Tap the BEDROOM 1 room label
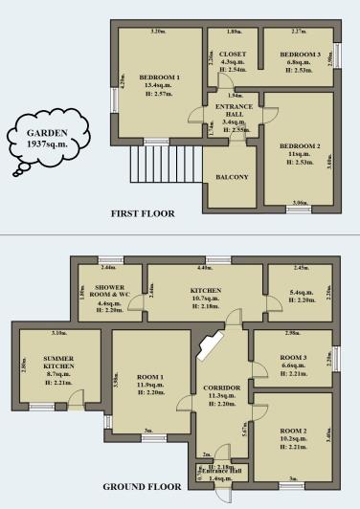pos(155,77)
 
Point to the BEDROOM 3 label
pos(298,55)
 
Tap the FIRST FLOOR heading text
pos(143,213)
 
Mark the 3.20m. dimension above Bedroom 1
pos(158,32)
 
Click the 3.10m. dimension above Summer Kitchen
pos(59,333)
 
